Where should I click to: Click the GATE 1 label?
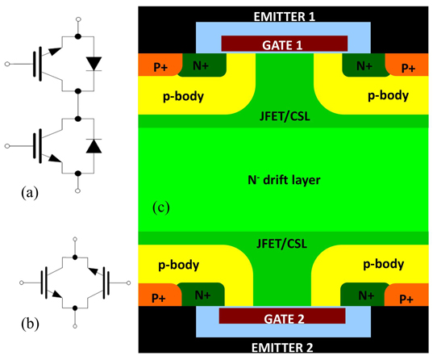pos(282,45)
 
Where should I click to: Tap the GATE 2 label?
pos(284,319)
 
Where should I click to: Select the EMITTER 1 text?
pos(285,17)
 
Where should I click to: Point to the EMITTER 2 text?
pos(282,348)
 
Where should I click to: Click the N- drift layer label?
pos(284,180)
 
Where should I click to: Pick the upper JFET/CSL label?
pos(285,116)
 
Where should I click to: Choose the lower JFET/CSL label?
pos(281,244)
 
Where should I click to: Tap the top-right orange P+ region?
pos(406,65)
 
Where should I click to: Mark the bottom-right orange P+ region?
pos(406,295)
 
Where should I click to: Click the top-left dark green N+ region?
pos(202,65)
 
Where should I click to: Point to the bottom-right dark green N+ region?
pos(364,295)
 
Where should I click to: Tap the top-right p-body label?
pos(389,96)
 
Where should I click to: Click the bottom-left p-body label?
pos(179,265)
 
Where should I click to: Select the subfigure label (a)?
pos(30,193)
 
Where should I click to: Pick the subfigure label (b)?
pos(30,324)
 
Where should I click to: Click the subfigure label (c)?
pos(160,207)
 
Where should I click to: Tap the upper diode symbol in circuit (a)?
pos(94,64)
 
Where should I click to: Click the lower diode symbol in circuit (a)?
pos(94,145)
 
